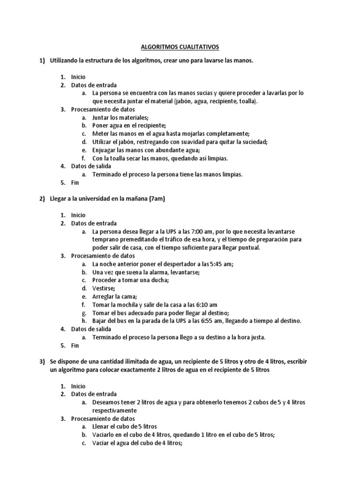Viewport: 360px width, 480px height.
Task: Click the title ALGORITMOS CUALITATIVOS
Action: click(x=180, y=47)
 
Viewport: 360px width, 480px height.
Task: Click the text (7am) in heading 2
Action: click(x=157, y=199)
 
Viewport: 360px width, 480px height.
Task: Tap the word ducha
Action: click(x=158, y=280)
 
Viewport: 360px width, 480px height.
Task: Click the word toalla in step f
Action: click(x=113, y=158)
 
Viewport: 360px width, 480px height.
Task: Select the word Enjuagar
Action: click(x=105, y=150)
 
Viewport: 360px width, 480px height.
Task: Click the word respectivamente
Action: click(x=114, y=410)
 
